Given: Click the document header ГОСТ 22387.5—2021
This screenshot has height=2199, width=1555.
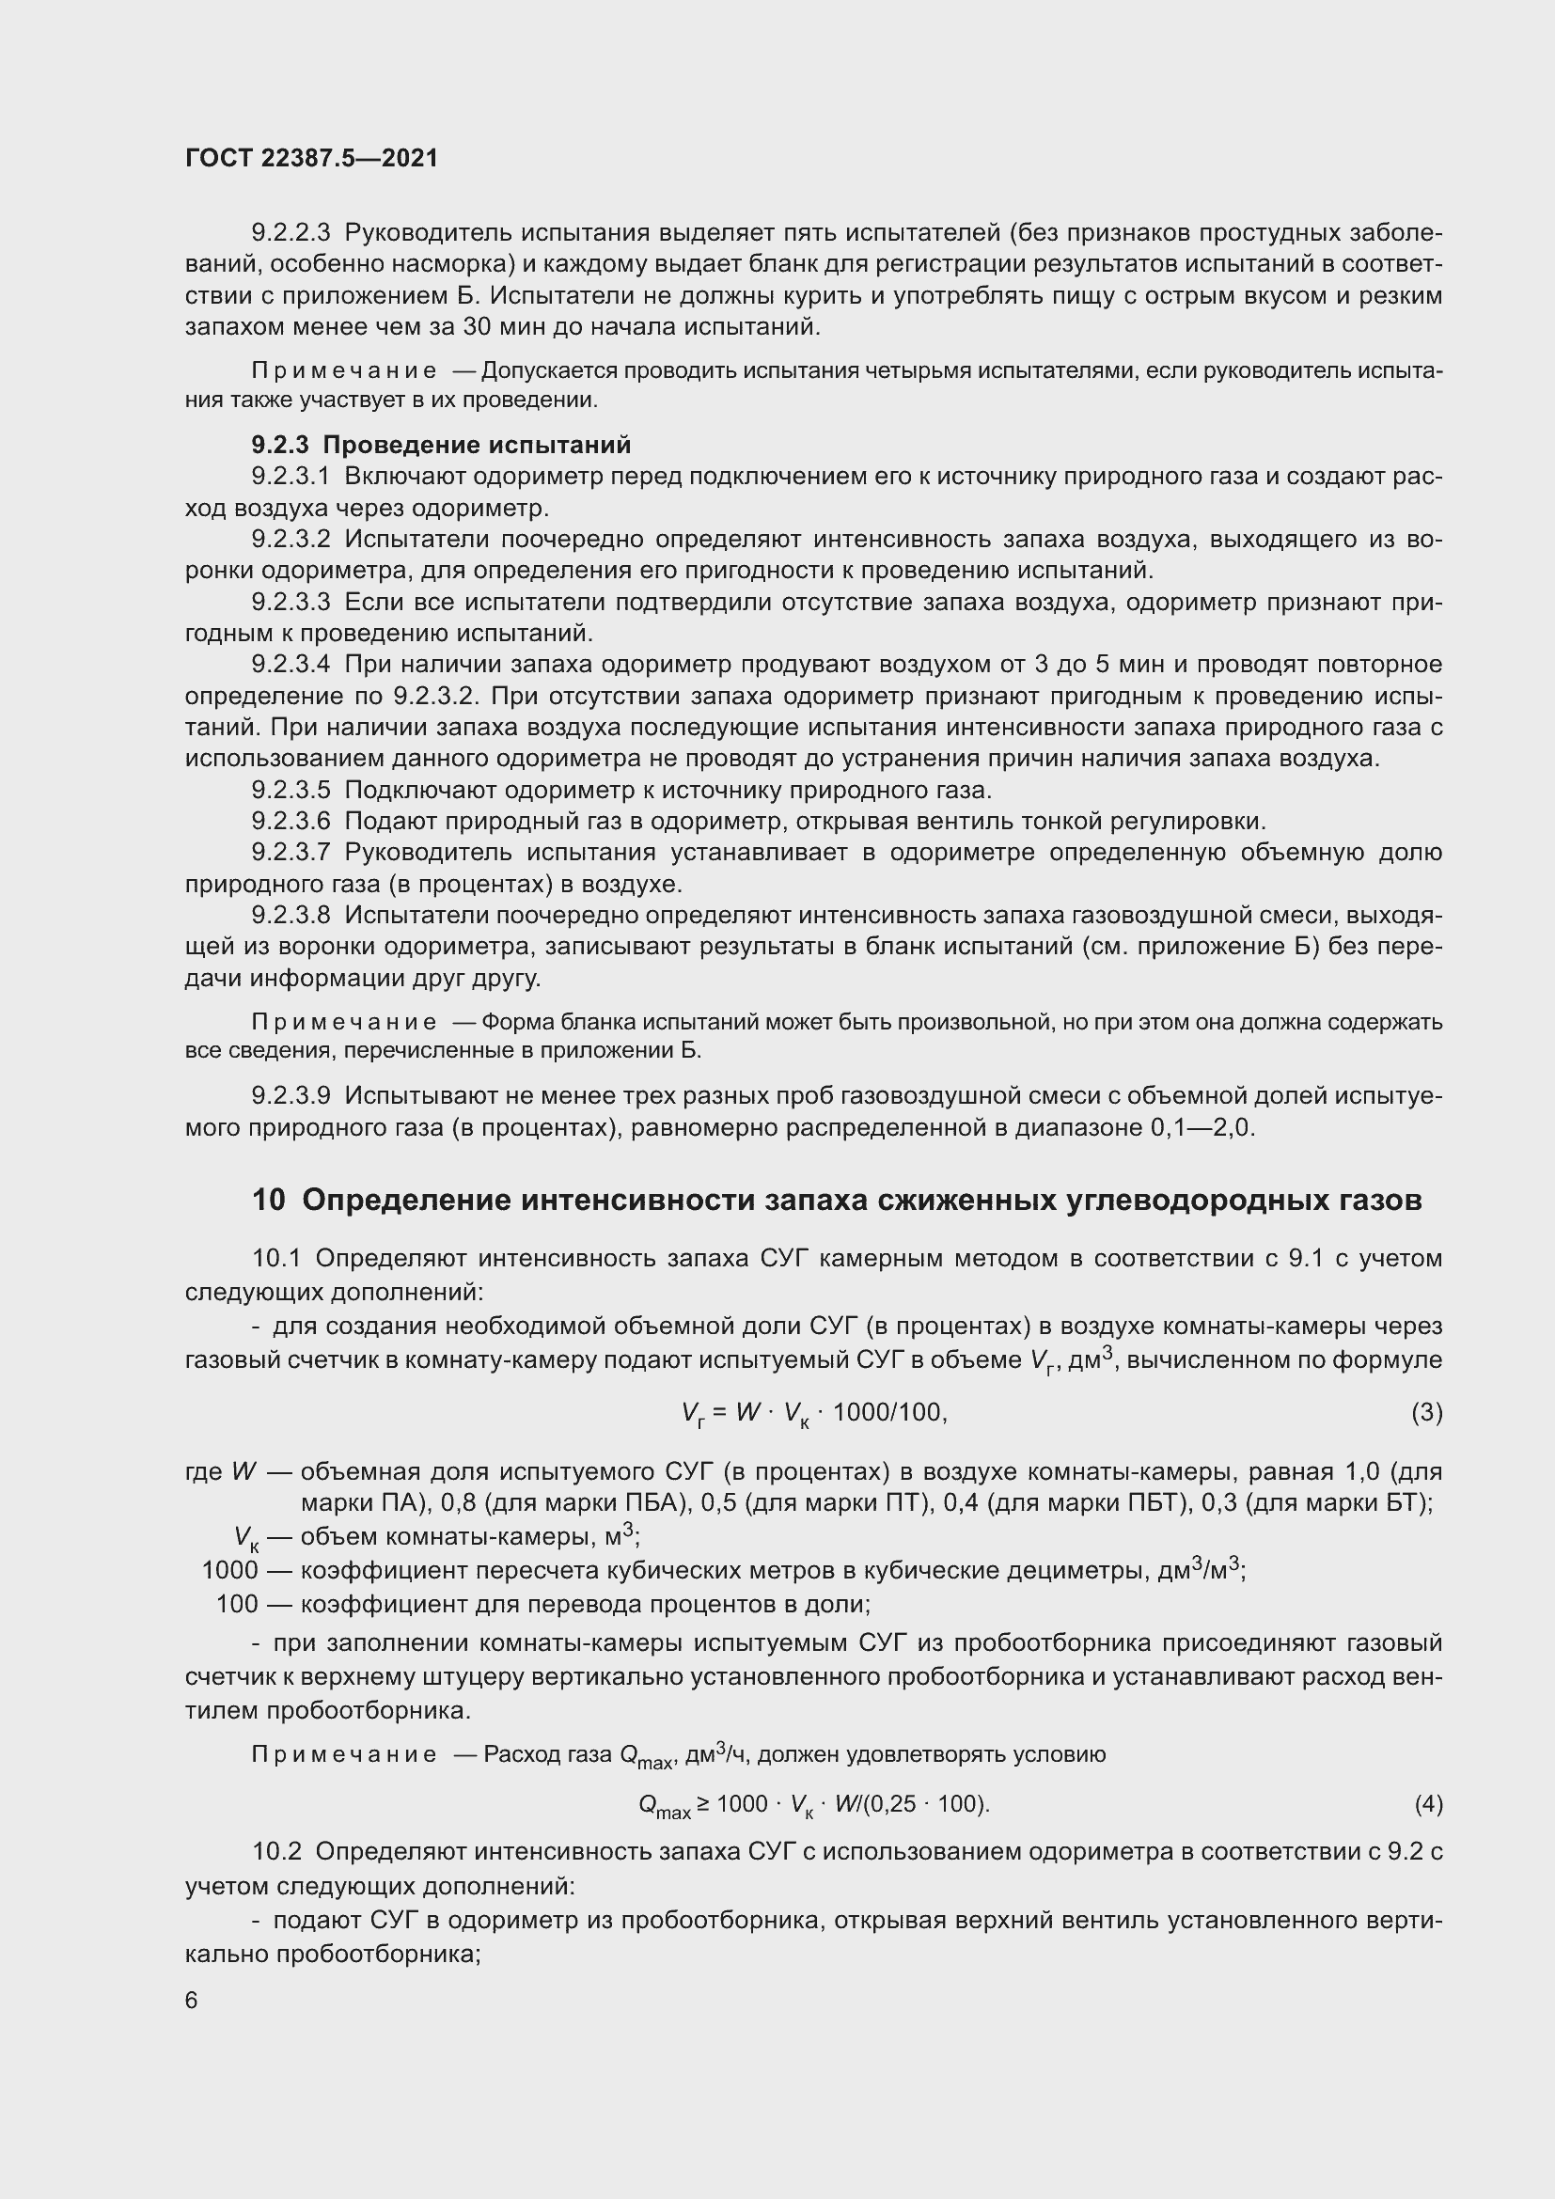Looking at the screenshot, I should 311,158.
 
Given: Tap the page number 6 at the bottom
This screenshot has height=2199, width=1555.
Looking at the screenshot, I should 192,2000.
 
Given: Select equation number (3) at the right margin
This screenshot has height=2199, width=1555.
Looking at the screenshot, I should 1426,1413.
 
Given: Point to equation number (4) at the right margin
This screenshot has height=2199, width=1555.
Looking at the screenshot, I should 1428,1804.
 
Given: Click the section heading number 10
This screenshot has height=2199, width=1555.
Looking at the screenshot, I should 268,1200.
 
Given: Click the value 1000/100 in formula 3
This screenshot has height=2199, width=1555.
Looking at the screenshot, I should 888,1413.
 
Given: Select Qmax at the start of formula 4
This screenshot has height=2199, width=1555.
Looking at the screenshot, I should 664,1806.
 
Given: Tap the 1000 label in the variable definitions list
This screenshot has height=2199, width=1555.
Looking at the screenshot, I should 229,1571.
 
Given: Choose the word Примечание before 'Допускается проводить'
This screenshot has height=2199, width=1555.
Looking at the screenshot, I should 344,370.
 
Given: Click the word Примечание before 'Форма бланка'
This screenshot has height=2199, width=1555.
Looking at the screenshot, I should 344,1022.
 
